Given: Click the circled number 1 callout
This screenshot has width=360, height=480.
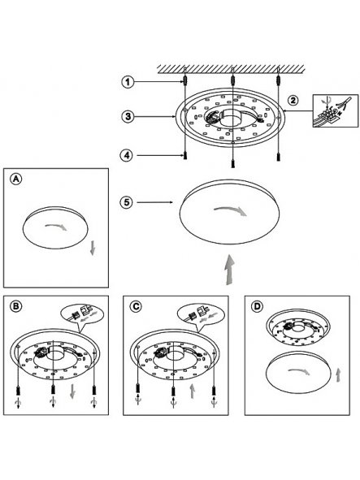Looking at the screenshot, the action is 128,82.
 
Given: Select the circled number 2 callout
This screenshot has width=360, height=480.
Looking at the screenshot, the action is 293,101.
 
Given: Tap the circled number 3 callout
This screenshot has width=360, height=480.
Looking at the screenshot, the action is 128,117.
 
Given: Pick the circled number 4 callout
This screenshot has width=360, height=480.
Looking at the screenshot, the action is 126,155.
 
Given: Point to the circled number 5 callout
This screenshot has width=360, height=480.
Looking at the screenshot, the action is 127,202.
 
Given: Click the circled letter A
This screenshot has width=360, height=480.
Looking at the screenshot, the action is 16,179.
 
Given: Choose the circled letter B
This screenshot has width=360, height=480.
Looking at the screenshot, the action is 16,306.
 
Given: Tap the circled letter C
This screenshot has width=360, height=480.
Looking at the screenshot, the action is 136,306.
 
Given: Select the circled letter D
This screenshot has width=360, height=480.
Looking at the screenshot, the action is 257,306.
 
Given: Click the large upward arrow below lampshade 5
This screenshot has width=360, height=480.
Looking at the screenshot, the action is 229,270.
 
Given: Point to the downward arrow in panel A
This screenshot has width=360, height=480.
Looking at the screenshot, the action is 93,248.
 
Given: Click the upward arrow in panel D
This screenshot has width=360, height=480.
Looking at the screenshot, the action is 338,375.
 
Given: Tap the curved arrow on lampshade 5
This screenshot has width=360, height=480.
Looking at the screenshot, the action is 231,210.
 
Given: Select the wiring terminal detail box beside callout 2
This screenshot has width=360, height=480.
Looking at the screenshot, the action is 336,110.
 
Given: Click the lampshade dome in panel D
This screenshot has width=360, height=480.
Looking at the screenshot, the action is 298,371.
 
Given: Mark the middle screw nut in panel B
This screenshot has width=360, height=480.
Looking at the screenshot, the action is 54,390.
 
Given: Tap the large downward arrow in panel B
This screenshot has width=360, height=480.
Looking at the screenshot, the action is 72,391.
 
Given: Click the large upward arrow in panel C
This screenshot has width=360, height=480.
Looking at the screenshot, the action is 192,391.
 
